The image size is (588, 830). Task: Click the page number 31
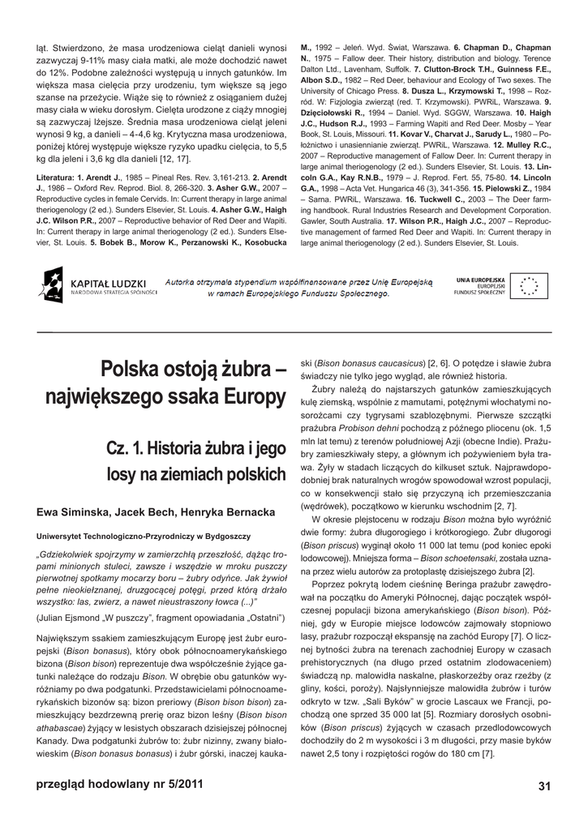pyautogui.click(x=543, y=785)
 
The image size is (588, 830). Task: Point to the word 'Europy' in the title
pyautogui.click(x=256, y=398)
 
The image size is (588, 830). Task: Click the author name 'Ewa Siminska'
pyautogui.click(x=71, y=512)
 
